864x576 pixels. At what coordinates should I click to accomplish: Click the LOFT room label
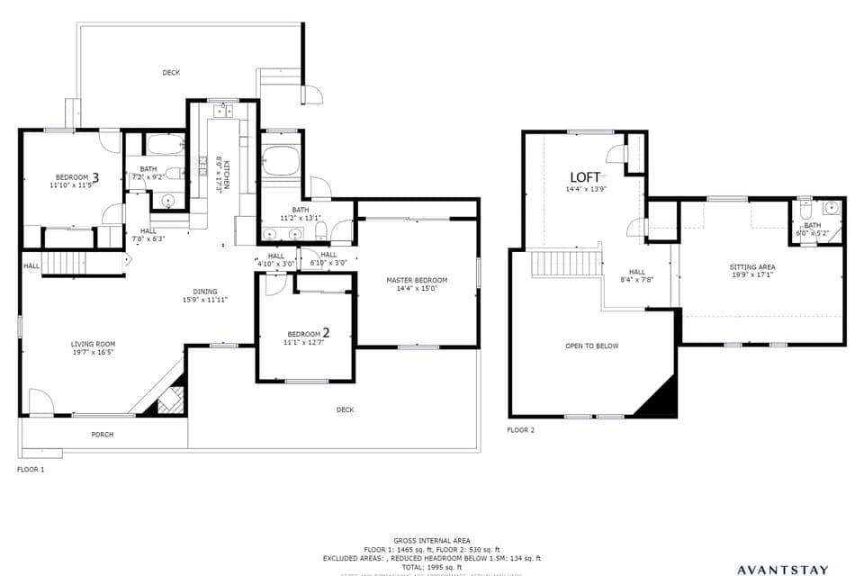(585, 176)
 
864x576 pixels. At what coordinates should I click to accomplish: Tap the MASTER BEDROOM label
(417, 280)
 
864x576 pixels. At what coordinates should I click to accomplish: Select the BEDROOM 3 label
(76, 176)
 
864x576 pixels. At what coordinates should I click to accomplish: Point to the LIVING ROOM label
(93, 344)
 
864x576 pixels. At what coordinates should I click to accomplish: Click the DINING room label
(204, 292)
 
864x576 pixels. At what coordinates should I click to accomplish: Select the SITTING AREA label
(751, 267)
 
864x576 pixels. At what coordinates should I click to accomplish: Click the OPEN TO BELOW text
(591, 346)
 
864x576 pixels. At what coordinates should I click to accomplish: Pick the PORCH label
(103, 435)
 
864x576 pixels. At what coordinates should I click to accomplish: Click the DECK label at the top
(171, 73)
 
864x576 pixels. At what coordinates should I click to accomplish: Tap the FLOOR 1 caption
(30, 469)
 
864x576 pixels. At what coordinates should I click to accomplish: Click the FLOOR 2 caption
(520, 430)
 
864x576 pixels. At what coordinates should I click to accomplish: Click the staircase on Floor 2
(565, 265)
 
